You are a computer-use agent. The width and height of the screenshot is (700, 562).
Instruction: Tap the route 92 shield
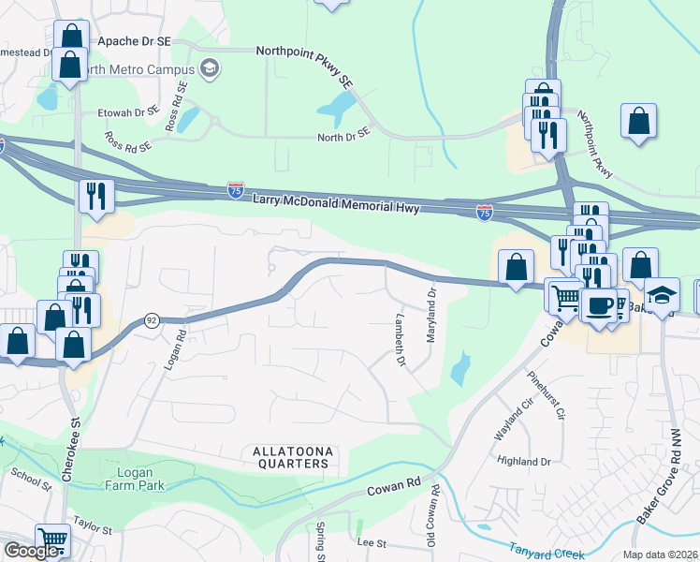click(x=151, y=320)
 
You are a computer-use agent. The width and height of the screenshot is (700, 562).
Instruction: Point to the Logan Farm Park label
click(x=128, y=479)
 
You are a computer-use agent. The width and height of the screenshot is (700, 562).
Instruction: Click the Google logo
click(x=32, y=551)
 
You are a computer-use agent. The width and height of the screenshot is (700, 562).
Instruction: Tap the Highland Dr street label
click(x=524, y=462)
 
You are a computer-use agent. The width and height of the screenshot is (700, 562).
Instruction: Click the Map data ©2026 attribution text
click(x=661, y=555)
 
